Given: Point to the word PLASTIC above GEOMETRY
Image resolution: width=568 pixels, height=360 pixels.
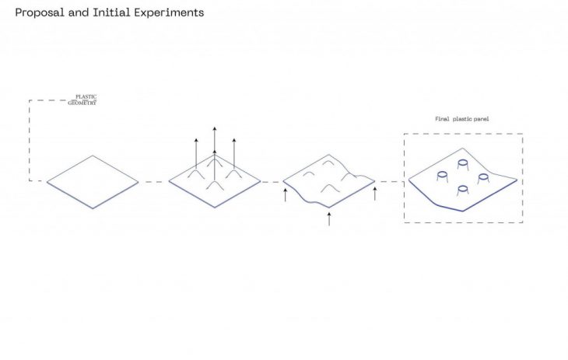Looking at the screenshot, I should [86, 96].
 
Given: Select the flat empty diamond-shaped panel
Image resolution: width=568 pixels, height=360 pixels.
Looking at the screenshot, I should [93, 182].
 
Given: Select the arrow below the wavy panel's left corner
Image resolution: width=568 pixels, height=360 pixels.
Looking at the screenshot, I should [286, 194].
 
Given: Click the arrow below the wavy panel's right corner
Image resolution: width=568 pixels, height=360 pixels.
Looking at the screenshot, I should [375, 192].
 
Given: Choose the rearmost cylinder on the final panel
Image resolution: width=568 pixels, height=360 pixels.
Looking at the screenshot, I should [463, 164].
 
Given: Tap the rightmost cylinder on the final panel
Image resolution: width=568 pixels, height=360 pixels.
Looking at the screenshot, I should [484, 178].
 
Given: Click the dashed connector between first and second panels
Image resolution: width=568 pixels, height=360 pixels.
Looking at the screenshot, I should [154, 182].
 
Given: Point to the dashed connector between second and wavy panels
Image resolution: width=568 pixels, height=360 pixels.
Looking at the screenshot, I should [272, 182].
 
